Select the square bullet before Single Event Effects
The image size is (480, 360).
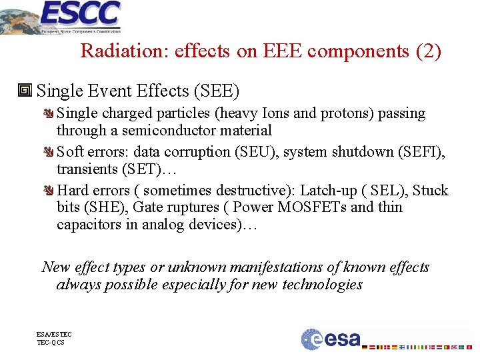coord(27,90)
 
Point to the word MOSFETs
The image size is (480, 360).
coord(311,207)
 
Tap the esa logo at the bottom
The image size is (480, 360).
coord(331,339)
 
